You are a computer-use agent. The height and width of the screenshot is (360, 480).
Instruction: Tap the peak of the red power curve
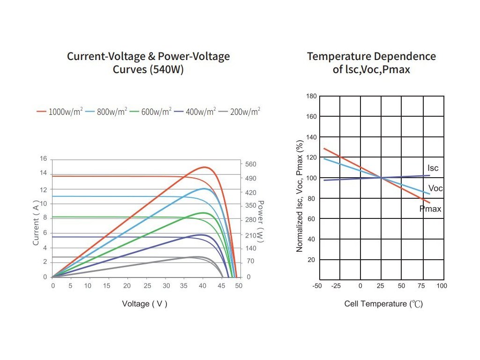(x=204, y=167)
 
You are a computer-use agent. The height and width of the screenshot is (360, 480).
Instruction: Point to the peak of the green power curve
(x=203, y=213)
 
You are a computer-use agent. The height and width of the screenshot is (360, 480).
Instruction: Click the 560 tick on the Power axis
(x=251, y=164)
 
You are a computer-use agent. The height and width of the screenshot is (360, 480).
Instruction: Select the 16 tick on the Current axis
(x=44, y=159)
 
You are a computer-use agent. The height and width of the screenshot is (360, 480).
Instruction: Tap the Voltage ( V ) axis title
(x=144, y=304)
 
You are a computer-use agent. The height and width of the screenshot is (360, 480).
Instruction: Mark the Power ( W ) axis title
(x=261, y=222)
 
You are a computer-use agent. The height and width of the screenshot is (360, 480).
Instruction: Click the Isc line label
(x=433, y=168)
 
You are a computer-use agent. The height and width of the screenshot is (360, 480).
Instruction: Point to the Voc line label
(x=435, y=188)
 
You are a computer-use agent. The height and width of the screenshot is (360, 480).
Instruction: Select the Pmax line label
(x=430, y=209)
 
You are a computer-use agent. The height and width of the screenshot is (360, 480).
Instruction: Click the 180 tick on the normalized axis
(x=311, y=96)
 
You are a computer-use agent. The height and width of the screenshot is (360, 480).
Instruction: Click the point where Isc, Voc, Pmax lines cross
(x=381, y=178)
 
